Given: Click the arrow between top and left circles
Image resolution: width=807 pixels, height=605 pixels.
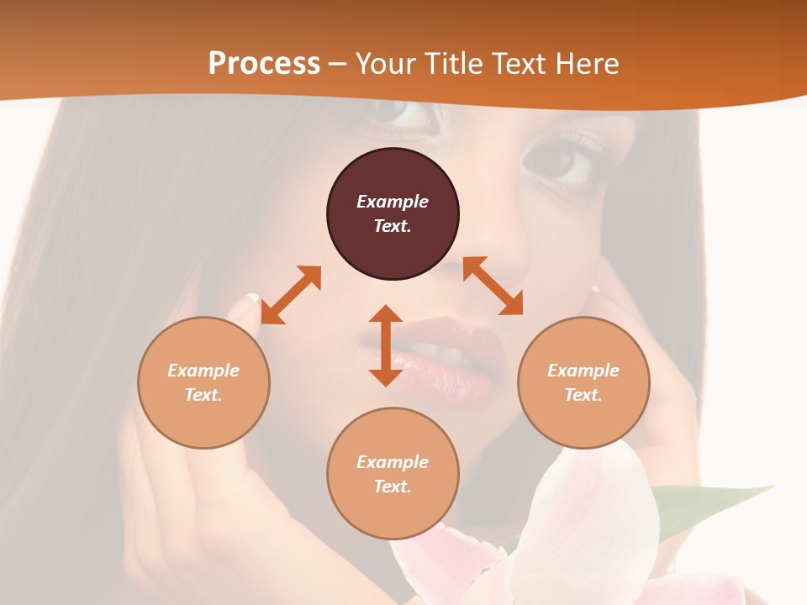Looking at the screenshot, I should click(291, 295).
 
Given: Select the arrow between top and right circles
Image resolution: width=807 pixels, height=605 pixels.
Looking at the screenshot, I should click(493, 286).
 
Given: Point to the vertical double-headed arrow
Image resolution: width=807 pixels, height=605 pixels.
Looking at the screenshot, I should click(386, 345).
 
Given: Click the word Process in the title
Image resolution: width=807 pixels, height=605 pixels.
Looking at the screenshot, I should click(264, 63).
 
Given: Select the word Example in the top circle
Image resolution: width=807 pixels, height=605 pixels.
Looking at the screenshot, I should click(393, 202).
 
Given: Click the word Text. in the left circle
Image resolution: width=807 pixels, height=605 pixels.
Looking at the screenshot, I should click(203, 395).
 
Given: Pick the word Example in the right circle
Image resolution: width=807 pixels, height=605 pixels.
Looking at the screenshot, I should click(583, 371).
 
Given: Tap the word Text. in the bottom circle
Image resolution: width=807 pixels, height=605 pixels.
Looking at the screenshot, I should click(393, 487).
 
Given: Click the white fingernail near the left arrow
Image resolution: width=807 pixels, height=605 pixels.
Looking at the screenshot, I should click(251, 297).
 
